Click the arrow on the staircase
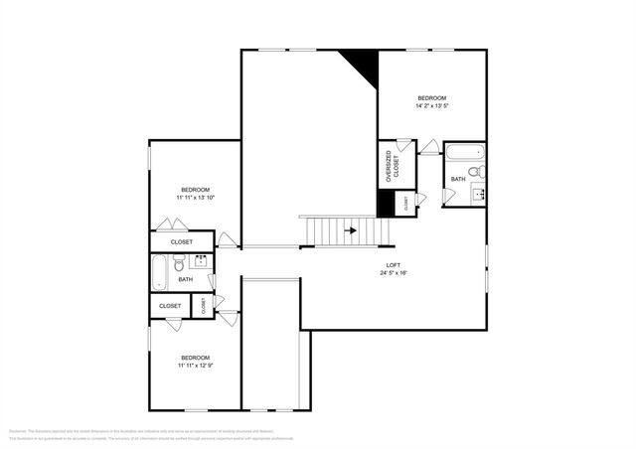pyautogui.click(x=350, y=230)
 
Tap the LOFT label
pyautogui.click(x=394, y=264)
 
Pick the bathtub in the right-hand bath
pyautogui.click(x=464, y=153)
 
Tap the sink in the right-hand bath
pyautogui.click(x=477, y=193)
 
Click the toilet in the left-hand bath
pyautogui.click(x=179, y=263)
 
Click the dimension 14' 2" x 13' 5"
pyautogui.click(x=431, y=104)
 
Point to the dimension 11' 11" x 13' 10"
pyautogui.click(x=196, y=198)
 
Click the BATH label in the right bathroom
pyautogui.click(x=457, y=180)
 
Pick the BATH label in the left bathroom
pyautogui.click(x=186, y=280)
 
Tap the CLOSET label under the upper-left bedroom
pyautogui.click(x=182, y=241)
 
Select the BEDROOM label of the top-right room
pyautogui.click(x=431, y=96)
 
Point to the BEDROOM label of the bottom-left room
pyautogui.click(x=195, y=357)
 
